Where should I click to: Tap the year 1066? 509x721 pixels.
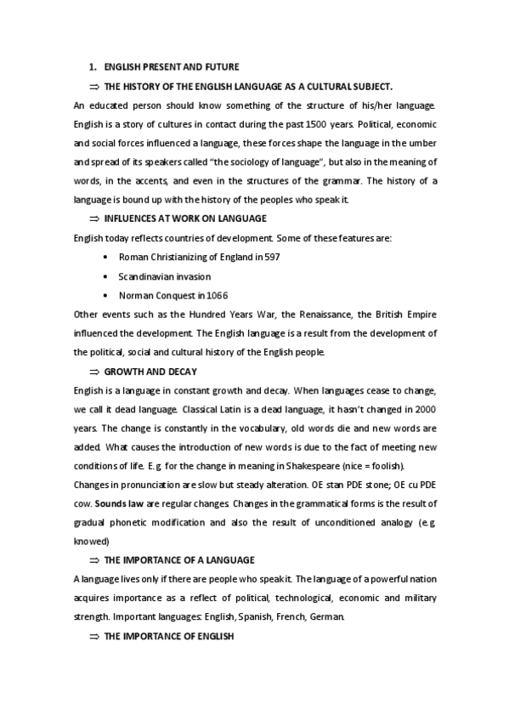click(x=216, y=295)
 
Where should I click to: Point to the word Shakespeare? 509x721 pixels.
click(x=308, y=466)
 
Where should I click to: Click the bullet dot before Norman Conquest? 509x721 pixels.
click(x=104, y=295)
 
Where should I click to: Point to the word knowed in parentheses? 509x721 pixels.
click(x=92, y=540)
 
